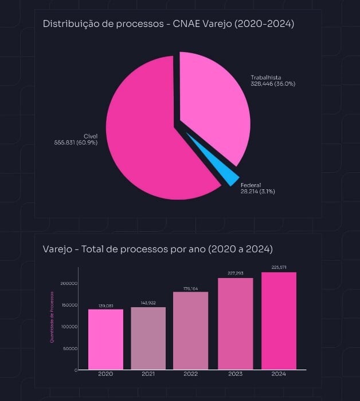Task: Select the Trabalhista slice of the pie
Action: click(x=215, y=106)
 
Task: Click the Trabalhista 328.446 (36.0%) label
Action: click(x=273, y=81)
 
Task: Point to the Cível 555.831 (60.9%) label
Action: click(x=76, y=139)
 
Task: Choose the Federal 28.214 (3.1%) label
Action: click(x=257, y=188)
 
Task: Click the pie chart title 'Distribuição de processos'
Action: click(x=169, y=24)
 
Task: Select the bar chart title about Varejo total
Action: click(x=158, y=249)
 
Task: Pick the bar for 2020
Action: click(x=105, y=339)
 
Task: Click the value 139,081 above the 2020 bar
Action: click(x=105, y=306)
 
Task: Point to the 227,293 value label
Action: click(x=235, y=273)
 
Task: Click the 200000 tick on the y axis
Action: click(x=68, y=283)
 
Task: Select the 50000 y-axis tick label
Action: click(x=70, y=348)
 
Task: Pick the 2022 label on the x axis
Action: click(x=191, y=374)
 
